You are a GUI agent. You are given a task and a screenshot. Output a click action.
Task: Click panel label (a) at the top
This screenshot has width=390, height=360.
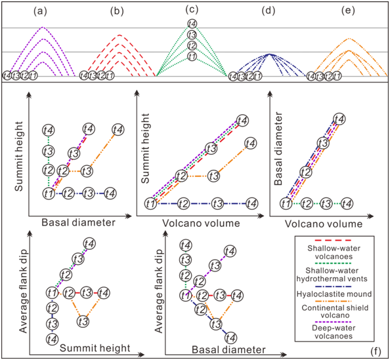coord(40,11)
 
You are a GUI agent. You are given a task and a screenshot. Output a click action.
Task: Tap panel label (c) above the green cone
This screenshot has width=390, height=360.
coord(192,9)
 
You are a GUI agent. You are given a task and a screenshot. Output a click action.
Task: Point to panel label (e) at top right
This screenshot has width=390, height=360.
coord(348,10)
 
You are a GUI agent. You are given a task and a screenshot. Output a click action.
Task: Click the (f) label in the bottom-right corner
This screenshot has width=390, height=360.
coord(376,351)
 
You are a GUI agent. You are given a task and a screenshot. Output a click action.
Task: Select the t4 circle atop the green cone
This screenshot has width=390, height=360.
coord(192,24)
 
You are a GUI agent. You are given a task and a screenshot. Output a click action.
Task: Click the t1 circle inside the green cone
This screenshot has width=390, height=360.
coord(192,56)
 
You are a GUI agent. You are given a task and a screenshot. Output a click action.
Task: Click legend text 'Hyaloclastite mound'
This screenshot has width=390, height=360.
coord(334,294)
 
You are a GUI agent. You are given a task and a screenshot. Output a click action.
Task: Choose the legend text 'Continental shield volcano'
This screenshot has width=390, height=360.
coord(335,311)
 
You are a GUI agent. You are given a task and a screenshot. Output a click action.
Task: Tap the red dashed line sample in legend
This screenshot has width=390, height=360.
coord(333,240)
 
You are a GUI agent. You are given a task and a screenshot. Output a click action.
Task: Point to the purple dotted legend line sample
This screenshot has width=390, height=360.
coord(333,322)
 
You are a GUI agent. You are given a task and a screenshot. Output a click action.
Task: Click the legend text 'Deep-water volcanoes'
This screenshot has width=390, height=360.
coord(334,332)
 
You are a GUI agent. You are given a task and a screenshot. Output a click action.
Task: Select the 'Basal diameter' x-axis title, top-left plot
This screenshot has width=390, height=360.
coord(78,222)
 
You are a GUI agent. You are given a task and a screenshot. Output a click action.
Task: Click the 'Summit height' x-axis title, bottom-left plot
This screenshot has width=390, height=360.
coord(95,348)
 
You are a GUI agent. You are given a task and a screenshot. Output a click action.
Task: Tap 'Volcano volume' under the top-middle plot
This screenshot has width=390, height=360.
coord(201,223)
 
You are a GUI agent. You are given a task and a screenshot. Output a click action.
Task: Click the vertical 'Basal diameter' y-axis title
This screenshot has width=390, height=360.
coord(278,149)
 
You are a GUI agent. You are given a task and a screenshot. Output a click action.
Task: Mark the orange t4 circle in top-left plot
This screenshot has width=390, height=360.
coord(118,129)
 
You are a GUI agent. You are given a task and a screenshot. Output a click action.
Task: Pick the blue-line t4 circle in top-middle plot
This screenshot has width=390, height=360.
coord(251,204)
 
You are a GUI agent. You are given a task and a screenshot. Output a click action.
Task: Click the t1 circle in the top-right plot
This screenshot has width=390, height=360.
coord(286,204)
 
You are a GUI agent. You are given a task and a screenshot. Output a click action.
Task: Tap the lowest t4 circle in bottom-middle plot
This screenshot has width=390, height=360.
coord(230,338)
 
